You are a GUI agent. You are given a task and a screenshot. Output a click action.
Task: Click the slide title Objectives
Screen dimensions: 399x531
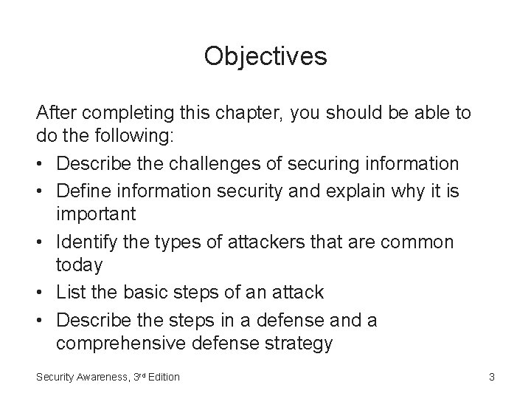[x=265, y=56]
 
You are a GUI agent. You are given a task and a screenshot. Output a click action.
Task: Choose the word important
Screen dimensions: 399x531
[x=96, y=215]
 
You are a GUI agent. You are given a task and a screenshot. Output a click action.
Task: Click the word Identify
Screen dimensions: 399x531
[x=87, y=241]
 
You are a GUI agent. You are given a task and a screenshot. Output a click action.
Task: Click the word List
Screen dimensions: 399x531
[x=72, y=292]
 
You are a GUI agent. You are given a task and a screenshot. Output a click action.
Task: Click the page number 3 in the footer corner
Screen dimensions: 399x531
[x=491, y=378]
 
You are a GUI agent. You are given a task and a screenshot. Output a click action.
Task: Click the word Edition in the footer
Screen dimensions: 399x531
[x=162, y=378]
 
